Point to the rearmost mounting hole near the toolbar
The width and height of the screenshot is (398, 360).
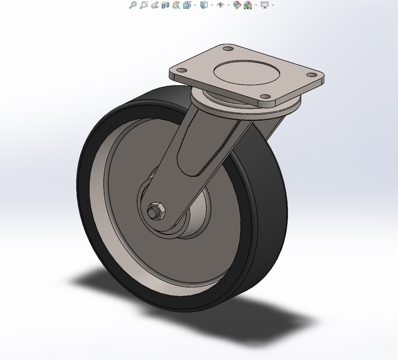(x=228, y=49)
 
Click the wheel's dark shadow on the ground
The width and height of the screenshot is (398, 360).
(x=233, y=321)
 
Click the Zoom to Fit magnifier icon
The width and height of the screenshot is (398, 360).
(x=133, y=5)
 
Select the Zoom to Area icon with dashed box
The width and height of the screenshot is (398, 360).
(x=144, y=5)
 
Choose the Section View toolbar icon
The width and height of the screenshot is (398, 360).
(x=165, y=5)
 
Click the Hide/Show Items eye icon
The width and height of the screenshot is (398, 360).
(x=220, y=5)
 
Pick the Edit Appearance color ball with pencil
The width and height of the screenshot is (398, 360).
(x=237, y=5)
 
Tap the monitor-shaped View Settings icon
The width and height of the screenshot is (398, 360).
(x=265, y=5)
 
